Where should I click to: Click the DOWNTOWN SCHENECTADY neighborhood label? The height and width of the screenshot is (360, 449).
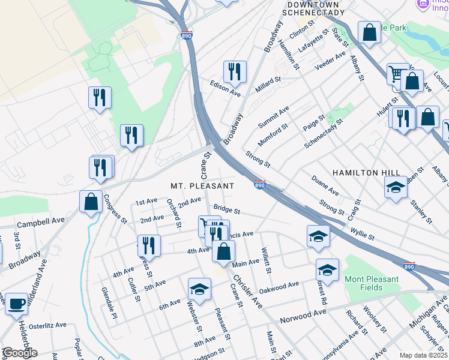tap(313, 8)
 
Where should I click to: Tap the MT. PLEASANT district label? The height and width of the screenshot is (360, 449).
tap(202, 186)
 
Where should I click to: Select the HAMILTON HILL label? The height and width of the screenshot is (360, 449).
tap(366, 173)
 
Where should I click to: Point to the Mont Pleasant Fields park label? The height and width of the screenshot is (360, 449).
tap(371, 283)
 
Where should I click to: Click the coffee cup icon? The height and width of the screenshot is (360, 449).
tap(16, 304)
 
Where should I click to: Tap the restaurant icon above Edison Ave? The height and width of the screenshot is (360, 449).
tap(235, 71)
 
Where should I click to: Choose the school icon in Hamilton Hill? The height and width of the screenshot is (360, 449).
tap(396, 187)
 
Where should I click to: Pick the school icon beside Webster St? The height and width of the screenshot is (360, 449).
tap(199, 289)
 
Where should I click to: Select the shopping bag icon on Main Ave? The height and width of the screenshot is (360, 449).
tap(223, 251)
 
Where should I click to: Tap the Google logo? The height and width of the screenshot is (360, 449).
tap(20, 352)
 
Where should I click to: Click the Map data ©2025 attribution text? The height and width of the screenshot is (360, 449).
tap(423, 355)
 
